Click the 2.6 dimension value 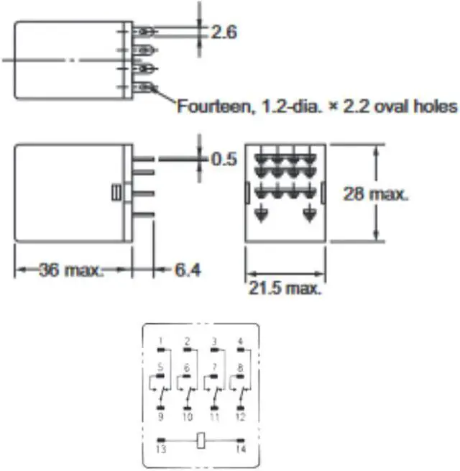pyautogui.click(x=224, y=32)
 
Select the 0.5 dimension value pyautogui.click(x=224, y=159)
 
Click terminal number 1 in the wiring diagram pyautogui.click(x=161, y=340)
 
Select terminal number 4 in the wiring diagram pyautogui.click(x=240, y=340)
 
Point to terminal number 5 pyautogui.click(x=161, y=367)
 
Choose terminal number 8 pyautogui.click(x=240, y=367)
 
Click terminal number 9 pyautogui.click(x=161, y=417)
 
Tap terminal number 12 pyautogui.click(x=240, y=417)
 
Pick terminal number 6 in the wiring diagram pyautogui.click(x=187, y=367)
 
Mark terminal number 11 pyautogui.click(x=214, y=417)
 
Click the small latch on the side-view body pyautogui.click(x=115, y=193)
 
